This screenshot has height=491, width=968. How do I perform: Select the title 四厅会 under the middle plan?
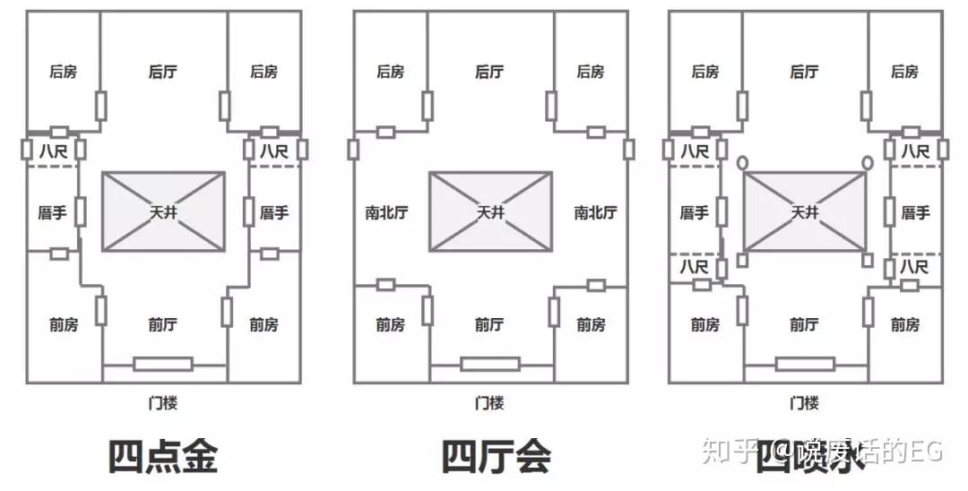pos(496,455)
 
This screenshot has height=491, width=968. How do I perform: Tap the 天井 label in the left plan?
pos(163,213)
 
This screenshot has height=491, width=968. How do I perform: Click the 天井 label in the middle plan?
pos(490,213)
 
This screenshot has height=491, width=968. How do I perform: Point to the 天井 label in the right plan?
pos(804,213)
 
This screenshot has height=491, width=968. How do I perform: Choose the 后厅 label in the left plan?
pos(162,72)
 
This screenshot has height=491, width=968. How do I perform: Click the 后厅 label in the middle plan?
pos(489,72)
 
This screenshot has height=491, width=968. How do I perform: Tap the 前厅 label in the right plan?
pos(804,325)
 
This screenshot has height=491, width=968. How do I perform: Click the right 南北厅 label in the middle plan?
pos(595,213)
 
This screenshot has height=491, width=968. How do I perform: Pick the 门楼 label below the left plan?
pos(162,402)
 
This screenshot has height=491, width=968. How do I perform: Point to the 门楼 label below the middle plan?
pos(489,402)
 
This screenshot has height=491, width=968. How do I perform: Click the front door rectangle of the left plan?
pos(163,364)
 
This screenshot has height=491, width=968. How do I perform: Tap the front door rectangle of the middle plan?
pos(490,364)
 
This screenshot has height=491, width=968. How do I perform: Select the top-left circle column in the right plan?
pos(743,163)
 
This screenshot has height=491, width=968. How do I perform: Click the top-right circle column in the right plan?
pos(867,163)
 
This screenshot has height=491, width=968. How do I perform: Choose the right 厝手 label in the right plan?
pos(915,213)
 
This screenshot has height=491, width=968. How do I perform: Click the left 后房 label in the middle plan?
pos(390,72)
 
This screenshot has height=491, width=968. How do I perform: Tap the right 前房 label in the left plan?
pos(264,325)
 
